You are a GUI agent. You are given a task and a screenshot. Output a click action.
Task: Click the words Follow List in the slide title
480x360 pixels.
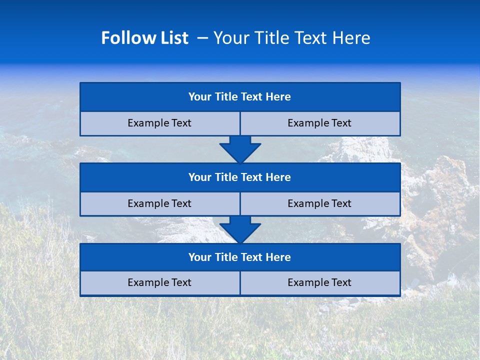click(144, 38)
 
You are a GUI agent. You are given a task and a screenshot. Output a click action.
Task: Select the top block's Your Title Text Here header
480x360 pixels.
click(239, 97)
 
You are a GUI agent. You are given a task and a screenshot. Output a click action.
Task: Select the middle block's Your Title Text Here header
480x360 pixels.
click(239, 177)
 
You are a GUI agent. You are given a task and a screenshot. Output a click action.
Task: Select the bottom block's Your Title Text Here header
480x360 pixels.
click(239, 257)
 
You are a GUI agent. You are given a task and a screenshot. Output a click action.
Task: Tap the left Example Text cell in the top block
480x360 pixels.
click(159, 123)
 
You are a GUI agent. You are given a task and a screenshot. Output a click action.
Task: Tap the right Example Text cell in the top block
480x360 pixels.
click(319, 123)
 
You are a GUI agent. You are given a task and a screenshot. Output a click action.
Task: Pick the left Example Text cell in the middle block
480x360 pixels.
click(159, 204)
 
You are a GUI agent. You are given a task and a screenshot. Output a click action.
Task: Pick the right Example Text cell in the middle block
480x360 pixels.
click(319, 204)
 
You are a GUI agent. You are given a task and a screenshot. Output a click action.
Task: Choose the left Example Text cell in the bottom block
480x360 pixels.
click(159, 283)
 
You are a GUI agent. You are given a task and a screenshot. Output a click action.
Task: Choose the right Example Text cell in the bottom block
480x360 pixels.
click(319, 283)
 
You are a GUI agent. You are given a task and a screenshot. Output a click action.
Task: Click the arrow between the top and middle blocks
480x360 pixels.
click(240, 149)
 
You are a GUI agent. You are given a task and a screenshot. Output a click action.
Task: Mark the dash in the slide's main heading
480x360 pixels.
click(202, 38)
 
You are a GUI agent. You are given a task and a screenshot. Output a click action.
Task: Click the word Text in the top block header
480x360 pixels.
click(252, 97)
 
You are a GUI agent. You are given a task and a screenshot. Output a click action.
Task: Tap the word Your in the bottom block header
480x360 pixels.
click(199, 257)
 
